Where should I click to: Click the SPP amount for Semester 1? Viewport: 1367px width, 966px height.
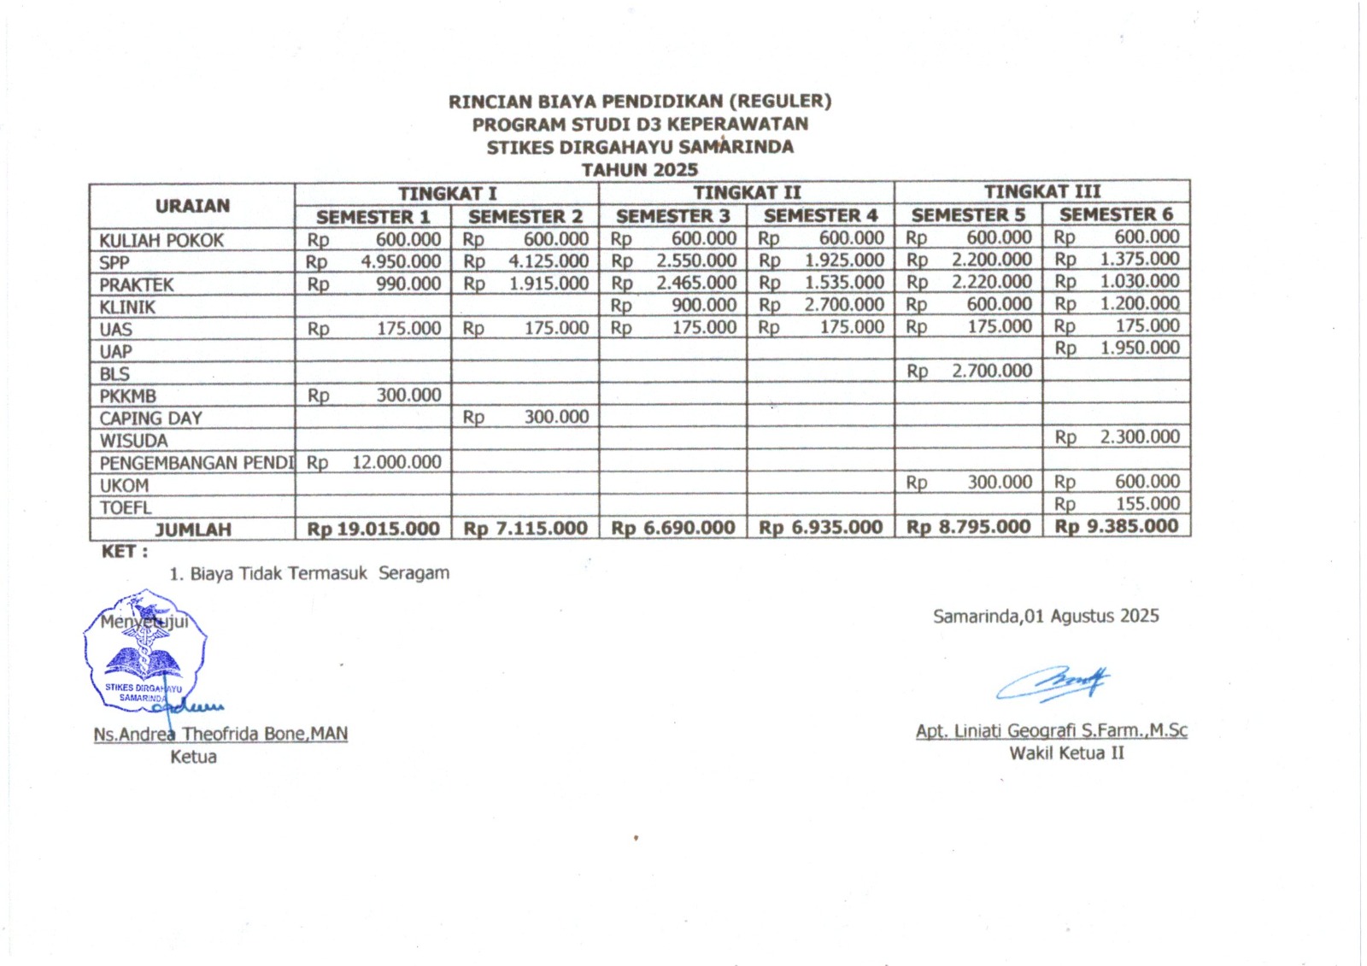point(401,261)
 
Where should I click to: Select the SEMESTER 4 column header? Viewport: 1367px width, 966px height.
point(820,215)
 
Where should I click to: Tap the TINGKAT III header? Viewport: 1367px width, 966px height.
point(1041,192)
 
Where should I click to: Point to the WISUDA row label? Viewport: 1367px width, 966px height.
point(133,441)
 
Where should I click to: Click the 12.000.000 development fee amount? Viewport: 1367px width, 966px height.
point(396,462)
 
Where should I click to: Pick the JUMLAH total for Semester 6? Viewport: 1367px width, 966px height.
point(1117,526)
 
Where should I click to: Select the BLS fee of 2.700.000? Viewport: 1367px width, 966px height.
point(991,371)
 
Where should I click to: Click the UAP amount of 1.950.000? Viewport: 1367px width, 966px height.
point(1139,348)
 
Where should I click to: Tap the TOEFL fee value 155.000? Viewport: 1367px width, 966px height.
point(1147,504)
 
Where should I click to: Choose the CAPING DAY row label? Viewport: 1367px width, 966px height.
point(150,419)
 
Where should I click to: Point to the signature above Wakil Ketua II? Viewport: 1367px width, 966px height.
point(1053,682)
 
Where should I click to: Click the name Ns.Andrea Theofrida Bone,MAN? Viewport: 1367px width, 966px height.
point(220,734)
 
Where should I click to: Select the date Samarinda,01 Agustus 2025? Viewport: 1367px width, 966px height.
point(1046,616)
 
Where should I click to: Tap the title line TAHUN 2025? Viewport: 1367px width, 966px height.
point(639,170)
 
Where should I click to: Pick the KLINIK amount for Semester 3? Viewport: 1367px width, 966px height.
point(703,305)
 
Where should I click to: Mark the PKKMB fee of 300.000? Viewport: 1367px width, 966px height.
point(408,395)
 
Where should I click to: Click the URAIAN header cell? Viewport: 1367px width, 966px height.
point(192,206)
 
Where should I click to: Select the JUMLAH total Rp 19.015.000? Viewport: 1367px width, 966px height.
point(373,529)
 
